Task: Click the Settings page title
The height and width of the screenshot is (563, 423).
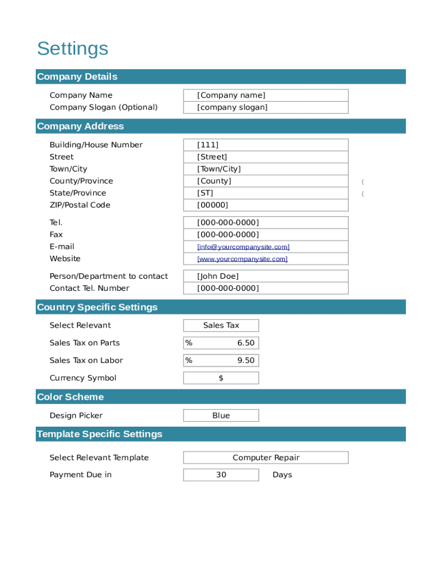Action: pos(73,49)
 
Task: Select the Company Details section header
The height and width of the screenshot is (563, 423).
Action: pos(77,76)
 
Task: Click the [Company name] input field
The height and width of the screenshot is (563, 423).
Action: pos(265,96)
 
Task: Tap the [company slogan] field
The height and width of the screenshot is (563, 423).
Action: pos(265,108)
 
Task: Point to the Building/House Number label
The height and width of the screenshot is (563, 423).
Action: pos(96,145)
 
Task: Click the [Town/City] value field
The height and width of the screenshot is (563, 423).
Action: pos(265,169)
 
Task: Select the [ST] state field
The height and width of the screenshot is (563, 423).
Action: pos(265,194)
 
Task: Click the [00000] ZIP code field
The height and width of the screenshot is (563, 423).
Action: pos(265,206)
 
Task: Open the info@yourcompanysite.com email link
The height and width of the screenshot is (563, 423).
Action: pos(243,247)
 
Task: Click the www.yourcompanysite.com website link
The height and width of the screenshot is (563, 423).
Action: pos(242,260)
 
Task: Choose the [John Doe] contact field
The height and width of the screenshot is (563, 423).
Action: pos(265,277)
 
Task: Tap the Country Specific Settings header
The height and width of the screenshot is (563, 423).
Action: pos(97,307)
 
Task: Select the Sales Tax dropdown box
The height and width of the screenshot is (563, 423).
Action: pos(221,325)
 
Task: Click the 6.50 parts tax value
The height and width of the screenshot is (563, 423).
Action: pos(246,343)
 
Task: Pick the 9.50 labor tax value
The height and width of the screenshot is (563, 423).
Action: pos(246,361)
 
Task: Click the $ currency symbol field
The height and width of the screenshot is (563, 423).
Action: pos(221,378)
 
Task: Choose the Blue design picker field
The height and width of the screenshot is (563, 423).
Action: pos(221,416)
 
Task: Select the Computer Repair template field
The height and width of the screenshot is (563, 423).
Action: pos(266,458)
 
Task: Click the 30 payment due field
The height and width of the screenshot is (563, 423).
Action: pos(221,475)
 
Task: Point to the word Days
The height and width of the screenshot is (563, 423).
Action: pos(282,475)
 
